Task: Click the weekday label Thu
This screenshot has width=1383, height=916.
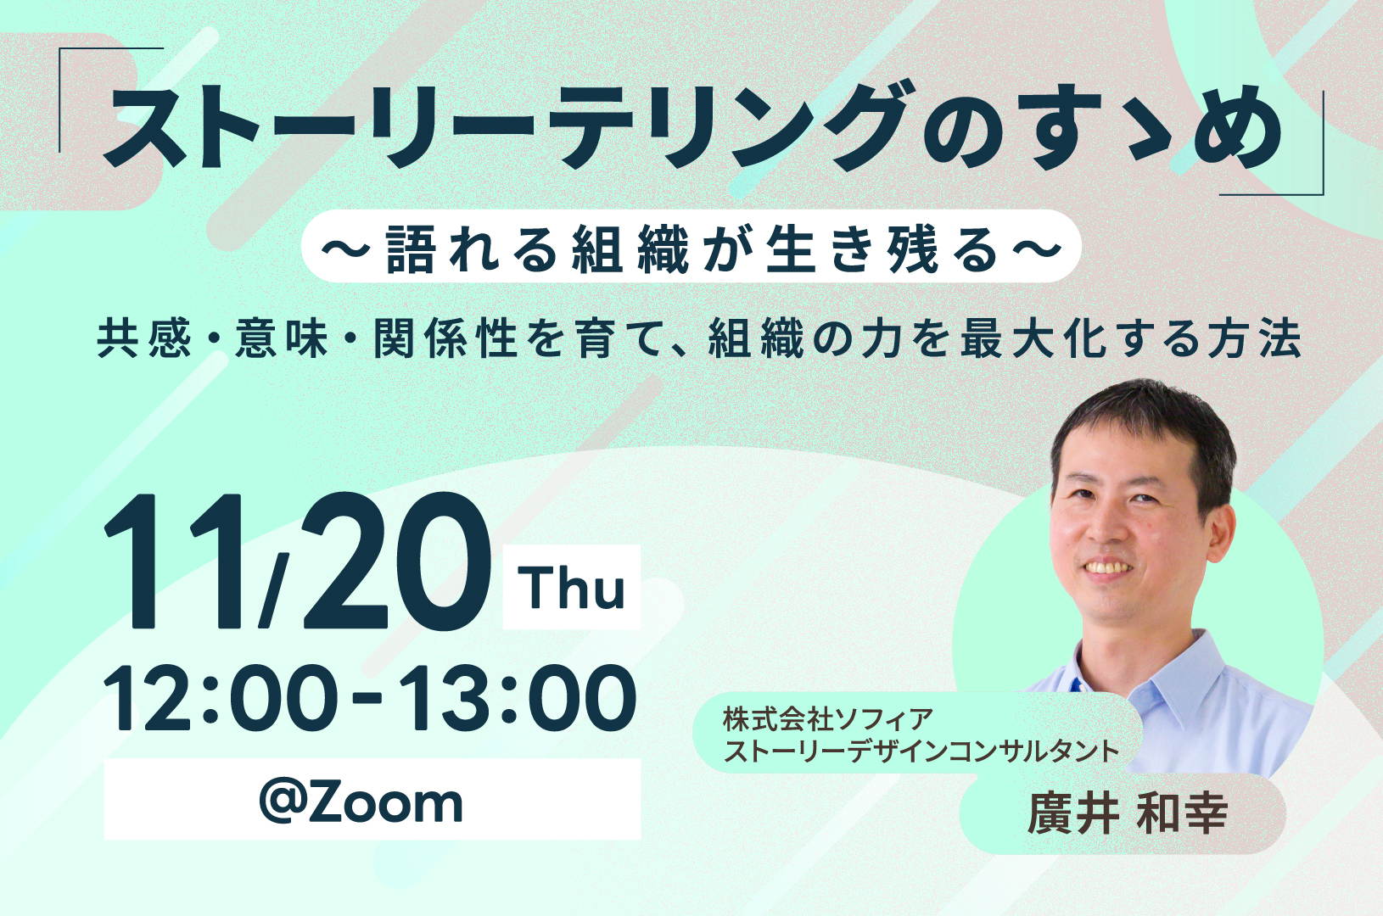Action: [572, 587]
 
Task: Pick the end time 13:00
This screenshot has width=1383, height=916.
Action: [518, 698]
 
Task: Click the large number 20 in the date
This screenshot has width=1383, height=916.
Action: [395, 562]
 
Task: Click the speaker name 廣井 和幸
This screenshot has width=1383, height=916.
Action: [1128, 814]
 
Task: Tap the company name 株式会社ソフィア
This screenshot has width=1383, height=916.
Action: [828, 719]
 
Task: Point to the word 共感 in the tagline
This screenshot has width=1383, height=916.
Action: [144, 339]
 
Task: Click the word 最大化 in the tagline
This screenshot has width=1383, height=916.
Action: [1029, 339]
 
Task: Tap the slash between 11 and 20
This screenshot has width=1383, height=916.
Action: [274, 590]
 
